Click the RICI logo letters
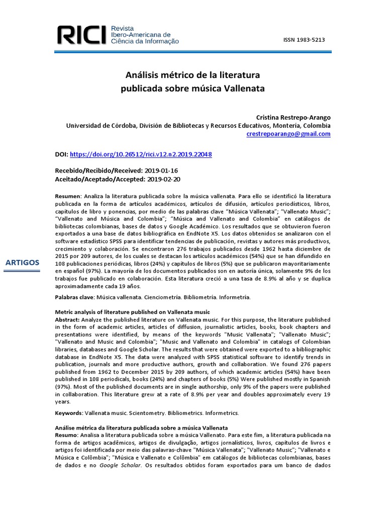(x=81, y=35)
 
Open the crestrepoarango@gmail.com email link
(x=288, y=134)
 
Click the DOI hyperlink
(x=140, y=154)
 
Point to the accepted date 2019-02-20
(x=163, y=179)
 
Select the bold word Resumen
(x=67, y=196)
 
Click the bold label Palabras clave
(x=74, y=297)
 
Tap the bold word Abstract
(x=67, y=320)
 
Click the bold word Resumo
(x=66, y=435)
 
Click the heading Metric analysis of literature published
(x=132, y=313)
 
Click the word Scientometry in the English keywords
(x=147, y=413)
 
